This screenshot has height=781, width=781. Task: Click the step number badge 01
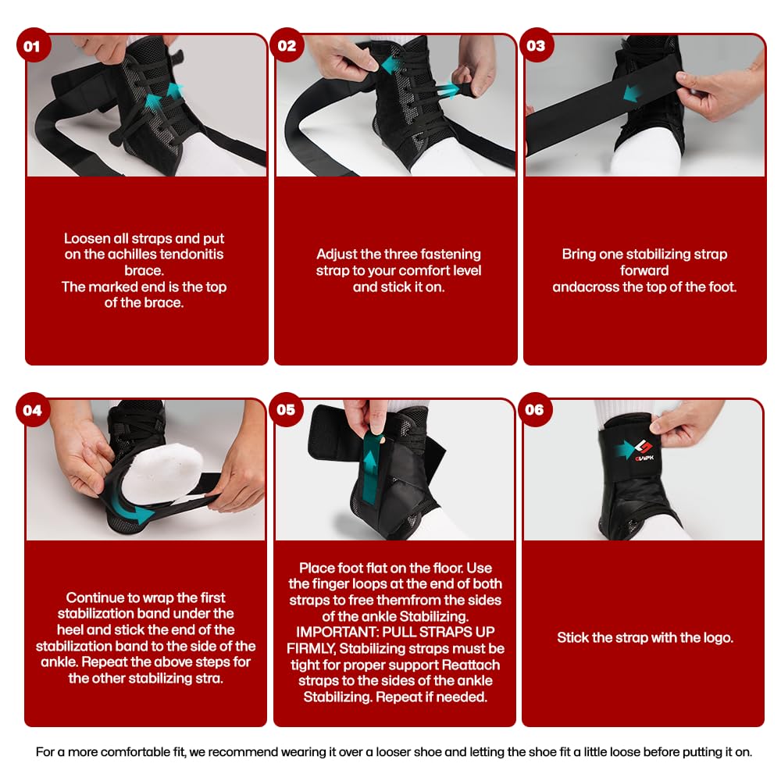coord(32,46)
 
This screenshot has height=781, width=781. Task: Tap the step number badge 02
coord(287,46)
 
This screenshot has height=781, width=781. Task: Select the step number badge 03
coord(536,46)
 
